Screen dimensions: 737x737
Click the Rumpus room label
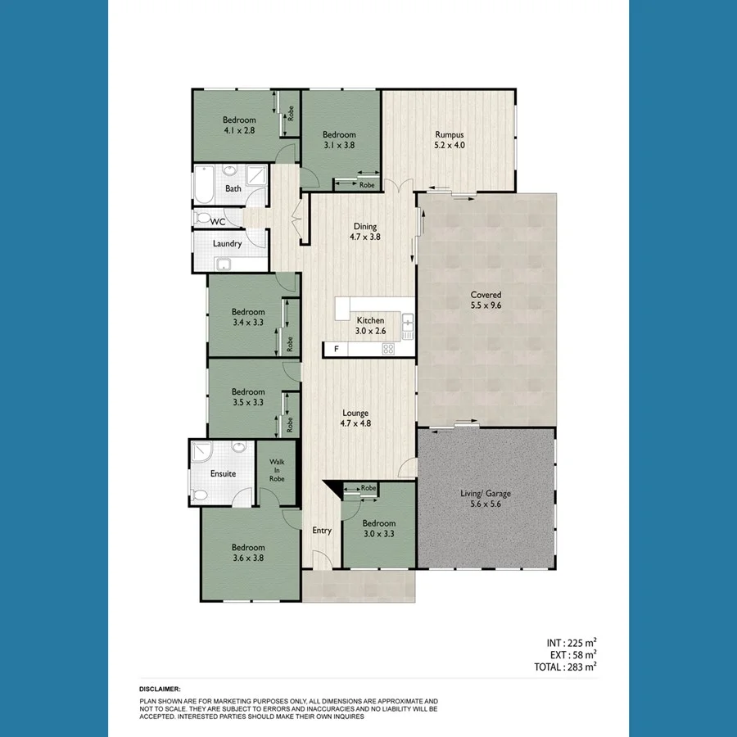click(x=450, y=140)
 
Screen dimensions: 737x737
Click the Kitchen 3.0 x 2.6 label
click(x=369, y=325)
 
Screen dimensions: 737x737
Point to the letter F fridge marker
click(x=334, y=350)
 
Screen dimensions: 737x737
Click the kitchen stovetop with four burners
click(x=389, y=350)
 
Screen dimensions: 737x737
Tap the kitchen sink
click(x=407, y=325)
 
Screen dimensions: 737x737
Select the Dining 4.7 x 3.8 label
click(x=365, y=232)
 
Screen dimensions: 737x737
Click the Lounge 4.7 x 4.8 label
click(x=355, y=418)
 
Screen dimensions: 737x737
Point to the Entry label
click(x=322, y=531)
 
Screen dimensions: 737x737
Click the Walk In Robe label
click(x=277, y=470)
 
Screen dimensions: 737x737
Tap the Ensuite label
click(x=223, y=474)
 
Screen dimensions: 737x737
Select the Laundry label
click(x=227, y=244)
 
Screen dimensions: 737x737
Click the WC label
click(x=218, y=221)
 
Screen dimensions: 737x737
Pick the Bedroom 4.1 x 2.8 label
click(x=239, y=124)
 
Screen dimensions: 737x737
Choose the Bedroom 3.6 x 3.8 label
click(x=247, y=553)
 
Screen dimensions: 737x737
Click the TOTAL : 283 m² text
click(x=560, y=667)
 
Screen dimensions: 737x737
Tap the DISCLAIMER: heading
click(x=160, y=690)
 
